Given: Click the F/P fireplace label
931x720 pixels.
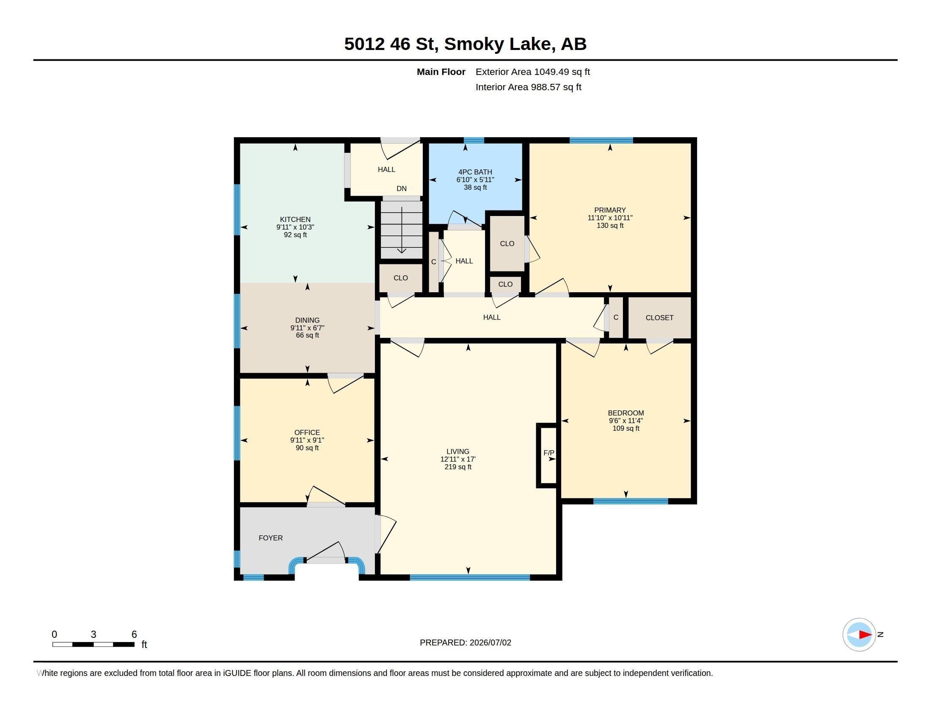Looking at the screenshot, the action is tap(548, 453).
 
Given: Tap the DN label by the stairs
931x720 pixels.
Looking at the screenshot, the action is tap(402, 188).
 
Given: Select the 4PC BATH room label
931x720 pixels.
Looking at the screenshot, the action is tap(475, 172).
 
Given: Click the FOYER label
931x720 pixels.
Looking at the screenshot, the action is tap(271, 538).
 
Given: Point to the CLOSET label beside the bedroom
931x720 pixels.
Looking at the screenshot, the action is tap(659, 318).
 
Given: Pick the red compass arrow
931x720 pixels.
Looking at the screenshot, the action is tap(865, 635).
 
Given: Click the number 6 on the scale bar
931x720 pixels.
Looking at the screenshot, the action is tap(134, 634).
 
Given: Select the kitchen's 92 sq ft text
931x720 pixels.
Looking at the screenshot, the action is tap(295, 235).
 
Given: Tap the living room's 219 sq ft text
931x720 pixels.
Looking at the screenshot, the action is tap(458, 467).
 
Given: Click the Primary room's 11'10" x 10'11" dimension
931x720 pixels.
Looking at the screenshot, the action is tap(610, 218).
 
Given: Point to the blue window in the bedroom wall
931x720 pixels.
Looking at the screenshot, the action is tap(631, 501).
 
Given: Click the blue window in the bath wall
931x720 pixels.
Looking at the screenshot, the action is tap(474, 140).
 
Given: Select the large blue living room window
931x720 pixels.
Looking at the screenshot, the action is tap(470, 578).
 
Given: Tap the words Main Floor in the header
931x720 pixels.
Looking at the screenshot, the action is tap(441, 72).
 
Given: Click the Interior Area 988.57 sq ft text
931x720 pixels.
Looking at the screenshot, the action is tap(528, 87).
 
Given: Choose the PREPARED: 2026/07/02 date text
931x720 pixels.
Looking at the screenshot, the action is tap(465, 643).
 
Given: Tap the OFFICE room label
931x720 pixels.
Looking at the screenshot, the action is tap(307, 432).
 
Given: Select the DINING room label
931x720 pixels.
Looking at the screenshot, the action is tap(307, 320).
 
